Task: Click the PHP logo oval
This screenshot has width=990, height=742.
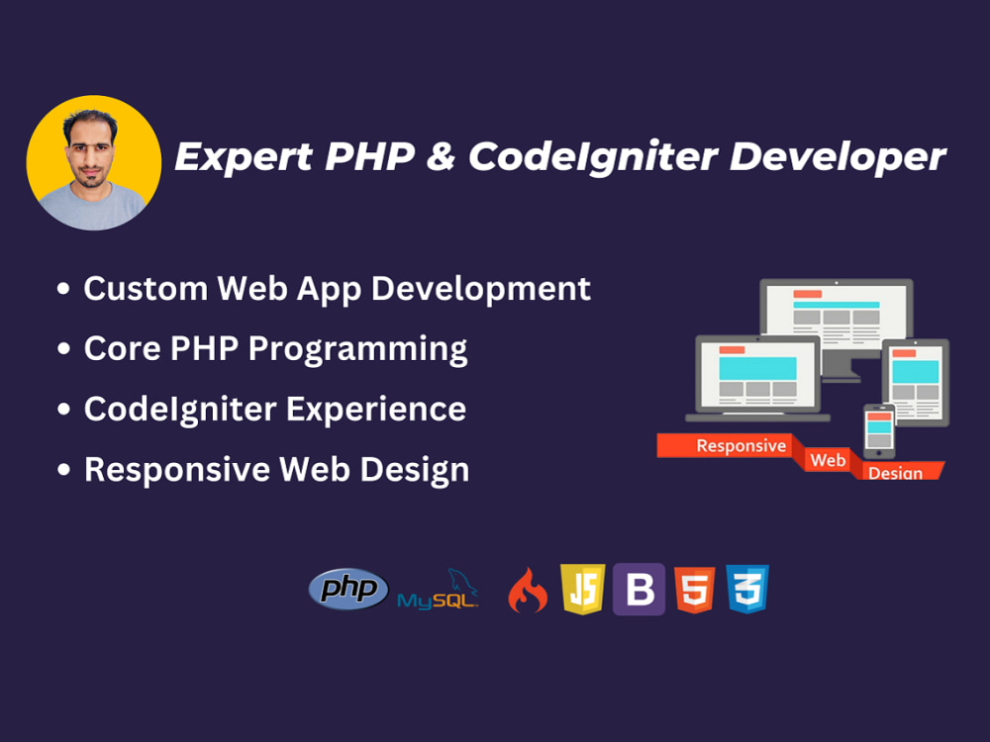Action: click(x=348, y=590)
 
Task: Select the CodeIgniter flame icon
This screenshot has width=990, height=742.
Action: click(x=528, y=592)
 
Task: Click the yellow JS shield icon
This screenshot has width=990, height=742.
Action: click(x=583, y=590)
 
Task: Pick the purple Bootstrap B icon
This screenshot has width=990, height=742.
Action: click(x=639, y=590)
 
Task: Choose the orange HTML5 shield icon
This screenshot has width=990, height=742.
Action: click(x=694, y=590)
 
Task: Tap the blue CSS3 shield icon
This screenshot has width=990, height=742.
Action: click(x=747, y=590)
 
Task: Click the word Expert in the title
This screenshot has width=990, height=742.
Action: click(x=236, y=157)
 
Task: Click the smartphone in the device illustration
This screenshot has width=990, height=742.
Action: click(x=878, y=430)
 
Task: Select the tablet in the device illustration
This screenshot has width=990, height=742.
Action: click(x=916, y=381)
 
